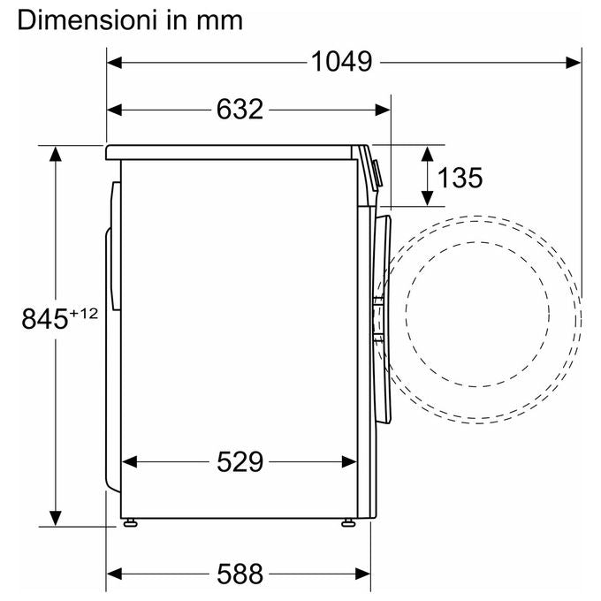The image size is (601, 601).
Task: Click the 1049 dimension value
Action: click(x=341, y=61)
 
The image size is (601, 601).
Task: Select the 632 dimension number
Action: click(x=240, y=110)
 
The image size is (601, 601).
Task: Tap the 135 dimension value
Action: click(x=460, y=178)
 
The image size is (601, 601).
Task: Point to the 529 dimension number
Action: click(x=240, y=462)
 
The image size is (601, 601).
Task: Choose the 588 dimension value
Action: click(x=240, y=574)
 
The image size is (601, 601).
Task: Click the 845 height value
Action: click(x=45, y=319)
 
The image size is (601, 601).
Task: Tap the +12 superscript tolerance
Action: click(x=84, y=314)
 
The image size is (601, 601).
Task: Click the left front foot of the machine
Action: click(x=130, y=522)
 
